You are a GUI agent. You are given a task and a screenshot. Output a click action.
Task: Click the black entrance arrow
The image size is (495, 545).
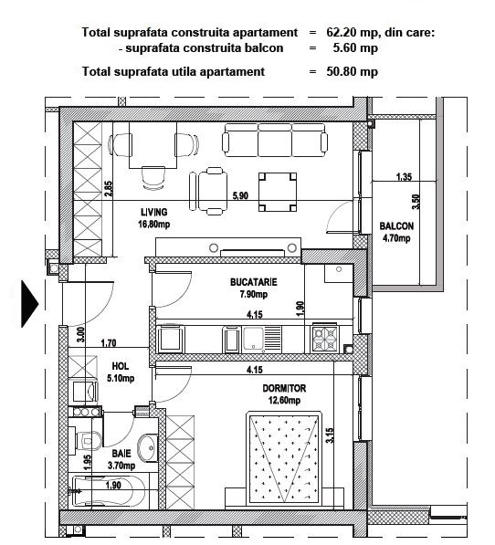tap(29, 304)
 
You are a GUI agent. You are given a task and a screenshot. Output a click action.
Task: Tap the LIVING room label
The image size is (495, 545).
tap(154, 212)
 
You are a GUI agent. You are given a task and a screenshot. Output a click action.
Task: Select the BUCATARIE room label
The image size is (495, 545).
tap(253, 282)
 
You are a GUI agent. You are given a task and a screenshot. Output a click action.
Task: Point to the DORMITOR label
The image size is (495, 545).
tap(284, 388)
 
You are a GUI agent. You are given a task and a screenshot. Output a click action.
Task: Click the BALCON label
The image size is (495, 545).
tap(396, 226)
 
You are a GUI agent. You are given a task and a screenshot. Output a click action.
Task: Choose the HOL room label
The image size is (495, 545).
tap(121, 366)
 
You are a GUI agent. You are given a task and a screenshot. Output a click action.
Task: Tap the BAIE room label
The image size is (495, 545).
tap(121, 453)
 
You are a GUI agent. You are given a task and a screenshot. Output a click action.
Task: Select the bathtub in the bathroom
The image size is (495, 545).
tap(110, 491)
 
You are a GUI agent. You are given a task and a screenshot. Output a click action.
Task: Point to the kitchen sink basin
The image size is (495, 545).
tap(253, 338)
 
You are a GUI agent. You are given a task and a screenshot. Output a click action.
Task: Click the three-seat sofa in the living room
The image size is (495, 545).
tap(275, 140)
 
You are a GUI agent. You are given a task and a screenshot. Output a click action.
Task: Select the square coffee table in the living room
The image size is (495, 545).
tap(278, 192)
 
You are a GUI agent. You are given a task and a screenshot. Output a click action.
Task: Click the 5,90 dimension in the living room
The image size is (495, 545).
tap(240, 195)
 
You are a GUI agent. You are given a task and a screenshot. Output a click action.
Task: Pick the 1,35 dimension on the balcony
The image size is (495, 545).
tap(404, 176)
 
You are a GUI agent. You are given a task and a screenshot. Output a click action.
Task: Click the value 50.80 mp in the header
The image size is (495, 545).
tap(352, 71)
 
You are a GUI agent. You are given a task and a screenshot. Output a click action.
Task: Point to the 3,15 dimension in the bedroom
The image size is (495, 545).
tap(330, 435)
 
